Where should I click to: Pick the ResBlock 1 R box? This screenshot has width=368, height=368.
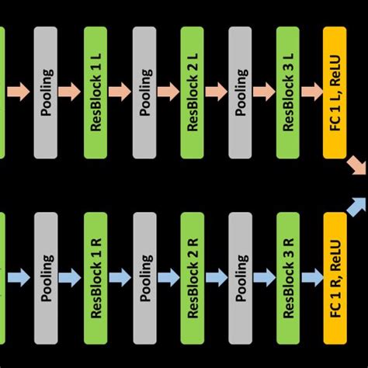pos(96,276)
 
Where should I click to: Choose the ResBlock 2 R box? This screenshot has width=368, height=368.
pos(193,276)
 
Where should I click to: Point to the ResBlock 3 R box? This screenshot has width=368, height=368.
pos(288,276)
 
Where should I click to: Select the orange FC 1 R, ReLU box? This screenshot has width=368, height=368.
pos(335,276)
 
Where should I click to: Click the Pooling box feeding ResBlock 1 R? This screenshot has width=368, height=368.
pos(47,276)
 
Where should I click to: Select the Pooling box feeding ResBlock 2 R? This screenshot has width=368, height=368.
pos(144,276)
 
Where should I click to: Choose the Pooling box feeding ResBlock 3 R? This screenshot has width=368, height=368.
pos(240,276)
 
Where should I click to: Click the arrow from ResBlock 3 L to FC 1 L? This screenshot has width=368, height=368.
pos(311,92)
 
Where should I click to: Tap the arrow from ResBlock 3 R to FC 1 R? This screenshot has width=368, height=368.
pos(311,276)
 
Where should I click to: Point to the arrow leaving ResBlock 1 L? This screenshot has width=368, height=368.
pos(120,92)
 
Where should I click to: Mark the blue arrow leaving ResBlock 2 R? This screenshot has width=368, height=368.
pos(216,276)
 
